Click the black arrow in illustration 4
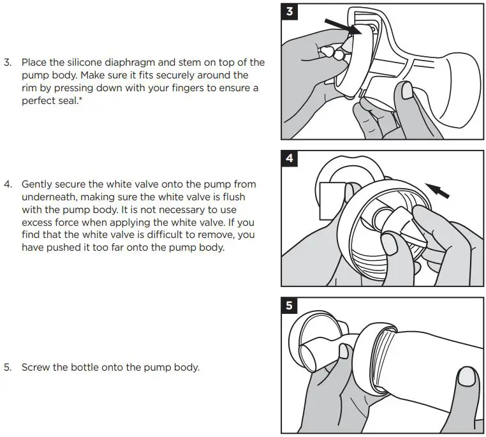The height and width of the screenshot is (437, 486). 437,189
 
